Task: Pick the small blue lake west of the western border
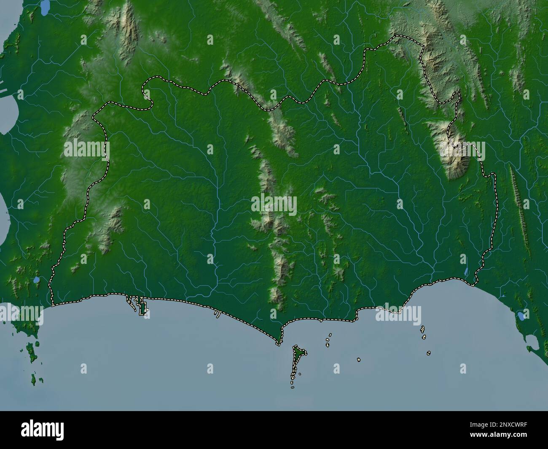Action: click(36, 280)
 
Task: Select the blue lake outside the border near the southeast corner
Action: click(521, 315)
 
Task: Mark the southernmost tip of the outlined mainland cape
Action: click(278, 344)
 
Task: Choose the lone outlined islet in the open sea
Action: click(359, 360)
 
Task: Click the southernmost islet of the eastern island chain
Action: click(428, 353)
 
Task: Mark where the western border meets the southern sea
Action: click(52, 303)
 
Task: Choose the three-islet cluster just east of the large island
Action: click(328, 340)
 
